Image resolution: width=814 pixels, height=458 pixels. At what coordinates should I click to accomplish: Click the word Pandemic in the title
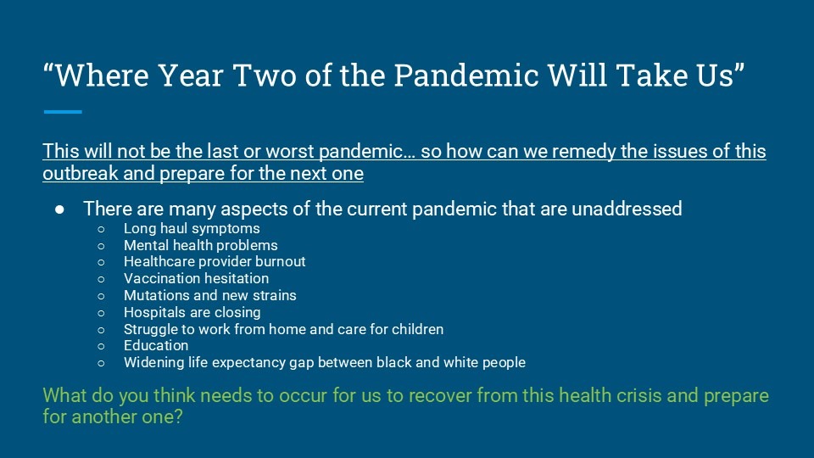tap(466, 75)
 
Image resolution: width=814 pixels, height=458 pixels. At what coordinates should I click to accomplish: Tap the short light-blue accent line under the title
tap(63, 112)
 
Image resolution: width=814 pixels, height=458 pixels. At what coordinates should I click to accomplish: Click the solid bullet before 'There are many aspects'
tap(59, 209)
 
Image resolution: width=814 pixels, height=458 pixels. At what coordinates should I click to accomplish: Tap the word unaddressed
tap(627, 209)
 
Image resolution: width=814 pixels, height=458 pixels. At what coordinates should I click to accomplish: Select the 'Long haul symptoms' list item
tap(192, 228)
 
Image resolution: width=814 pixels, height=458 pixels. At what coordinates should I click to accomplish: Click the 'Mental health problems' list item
tap(200, 245)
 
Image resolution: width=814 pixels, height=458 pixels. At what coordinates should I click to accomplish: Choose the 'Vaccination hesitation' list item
tap(196, 278)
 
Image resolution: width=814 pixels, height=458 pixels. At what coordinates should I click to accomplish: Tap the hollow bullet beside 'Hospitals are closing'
tap(101, 313)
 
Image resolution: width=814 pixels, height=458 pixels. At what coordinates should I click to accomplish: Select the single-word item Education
tap(156, 345)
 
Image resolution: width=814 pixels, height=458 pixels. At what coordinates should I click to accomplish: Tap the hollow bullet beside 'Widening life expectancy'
tap(101, 363)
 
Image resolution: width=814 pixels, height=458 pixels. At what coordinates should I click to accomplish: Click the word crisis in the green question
tap(638, 395)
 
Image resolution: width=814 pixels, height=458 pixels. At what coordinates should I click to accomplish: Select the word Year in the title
tap(191, 75)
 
